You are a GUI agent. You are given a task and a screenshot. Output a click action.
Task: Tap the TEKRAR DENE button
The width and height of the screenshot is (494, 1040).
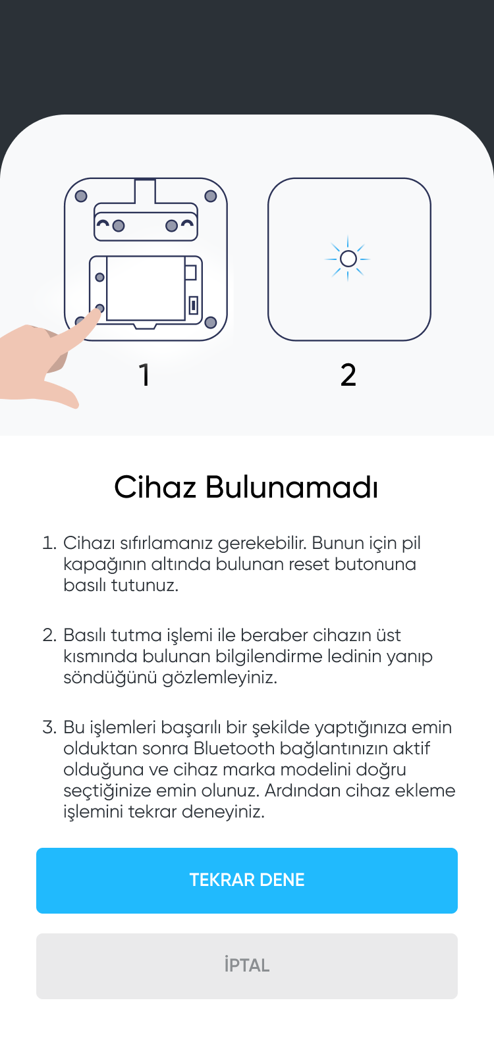pos(247,880)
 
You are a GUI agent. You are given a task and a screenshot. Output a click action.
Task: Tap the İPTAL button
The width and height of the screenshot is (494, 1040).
pos(247,966)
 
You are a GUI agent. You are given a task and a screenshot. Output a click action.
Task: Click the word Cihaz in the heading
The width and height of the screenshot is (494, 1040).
pos(155,487)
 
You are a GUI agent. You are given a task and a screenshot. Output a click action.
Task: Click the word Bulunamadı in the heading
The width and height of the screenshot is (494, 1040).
pos(291,487)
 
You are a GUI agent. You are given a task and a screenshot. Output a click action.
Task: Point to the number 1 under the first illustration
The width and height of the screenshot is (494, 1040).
pos(144,375)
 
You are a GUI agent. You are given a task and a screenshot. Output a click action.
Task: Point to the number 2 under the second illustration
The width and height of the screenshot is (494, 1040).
pos(348,375)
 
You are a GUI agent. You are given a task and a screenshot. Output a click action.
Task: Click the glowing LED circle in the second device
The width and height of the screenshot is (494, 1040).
pos(348,259)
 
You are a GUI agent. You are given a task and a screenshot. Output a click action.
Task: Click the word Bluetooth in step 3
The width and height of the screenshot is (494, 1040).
pos(234,748)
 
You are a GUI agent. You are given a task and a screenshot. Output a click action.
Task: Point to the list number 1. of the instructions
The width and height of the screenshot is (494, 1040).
pos(49,543)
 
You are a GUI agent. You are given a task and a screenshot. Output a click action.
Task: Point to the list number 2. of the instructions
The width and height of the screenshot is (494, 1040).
pos(49,635)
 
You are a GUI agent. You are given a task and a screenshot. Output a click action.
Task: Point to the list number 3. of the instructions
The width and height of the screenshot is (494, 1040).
pos(49,727)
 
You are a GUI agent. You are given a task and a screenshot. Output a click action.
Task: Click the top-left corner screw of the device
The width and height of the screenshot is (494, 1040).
pos(81,196)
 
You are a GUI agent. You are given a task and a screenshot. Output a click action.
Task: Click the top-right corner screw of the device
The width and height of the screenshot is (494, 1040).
pos(211,196)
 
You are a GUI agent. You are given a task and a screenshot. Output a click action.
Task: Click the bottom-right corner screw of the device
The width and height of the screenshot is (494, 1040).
pos(211,323)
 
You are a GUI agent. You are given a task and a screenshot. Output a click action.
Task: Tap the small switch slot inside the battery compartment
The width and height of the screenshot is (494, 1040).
pos(194,305)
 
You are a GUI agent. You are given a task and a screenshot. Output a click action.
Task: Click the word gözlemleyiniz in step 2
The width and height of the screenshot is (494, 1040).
pos(219,677)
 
